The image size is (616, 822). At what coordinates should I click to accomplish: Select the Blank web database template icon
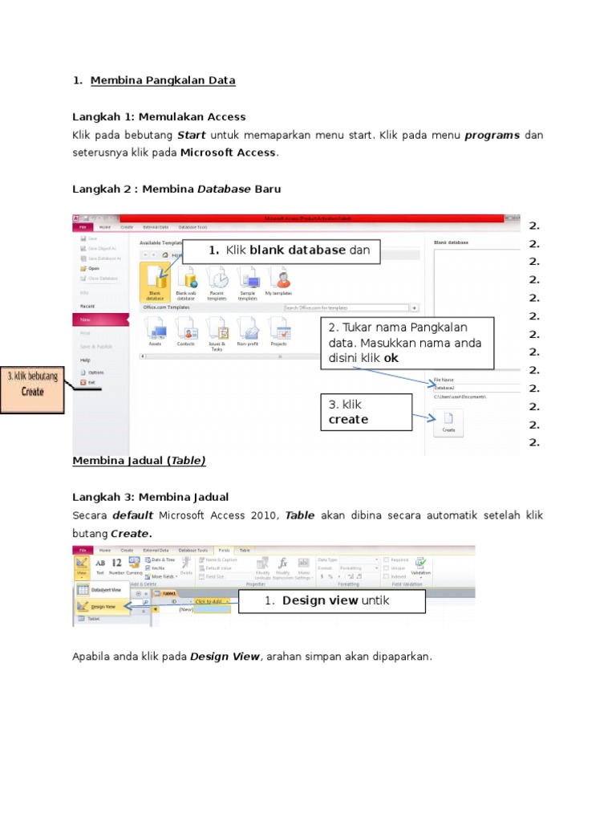pyautogui.click(x=187, y=280)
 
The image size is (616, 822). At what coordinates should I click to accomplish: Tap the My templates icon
pyautogui.click(x=279, y=280)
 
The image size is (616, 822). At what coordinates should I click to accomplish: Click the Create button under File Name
pyautogui.click(x=448, y=421)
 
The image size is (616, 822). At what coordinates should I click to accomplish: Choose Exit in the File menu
pyautogui.click(x=91, y=383)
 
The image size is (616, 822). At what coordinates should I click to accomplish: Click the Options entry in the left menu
pyautogui.click(x=95, y=372)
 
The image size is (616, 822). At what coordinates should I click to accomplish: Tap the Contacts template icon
pyautogui.click(x=186, y=330)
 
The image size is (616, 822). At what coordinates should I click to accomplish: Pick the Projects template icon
pyautogui.click(x=278, y=330)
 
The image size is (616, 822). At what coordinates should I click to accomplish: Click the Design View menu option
pyautogui.click(x=101, y=607)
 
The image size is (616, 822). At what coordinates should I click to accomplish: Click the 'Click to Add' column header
pyautogui.click(x=212, y=601)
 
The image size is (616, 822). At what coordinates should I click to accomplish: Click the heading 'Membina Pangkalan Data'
pyautogui.click(x=163, y=80)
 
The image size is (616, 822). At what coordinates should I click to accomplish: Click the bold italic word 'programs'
pyautogui.click(x=492, y=135)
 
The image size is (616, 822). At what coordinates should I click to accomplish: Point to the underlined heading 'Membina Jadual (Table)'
pyautogui.click(x=139, y=460)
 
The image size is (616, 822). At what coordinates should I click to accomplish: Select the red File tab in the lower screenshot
pyautogui.click(x=82, y=550)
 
